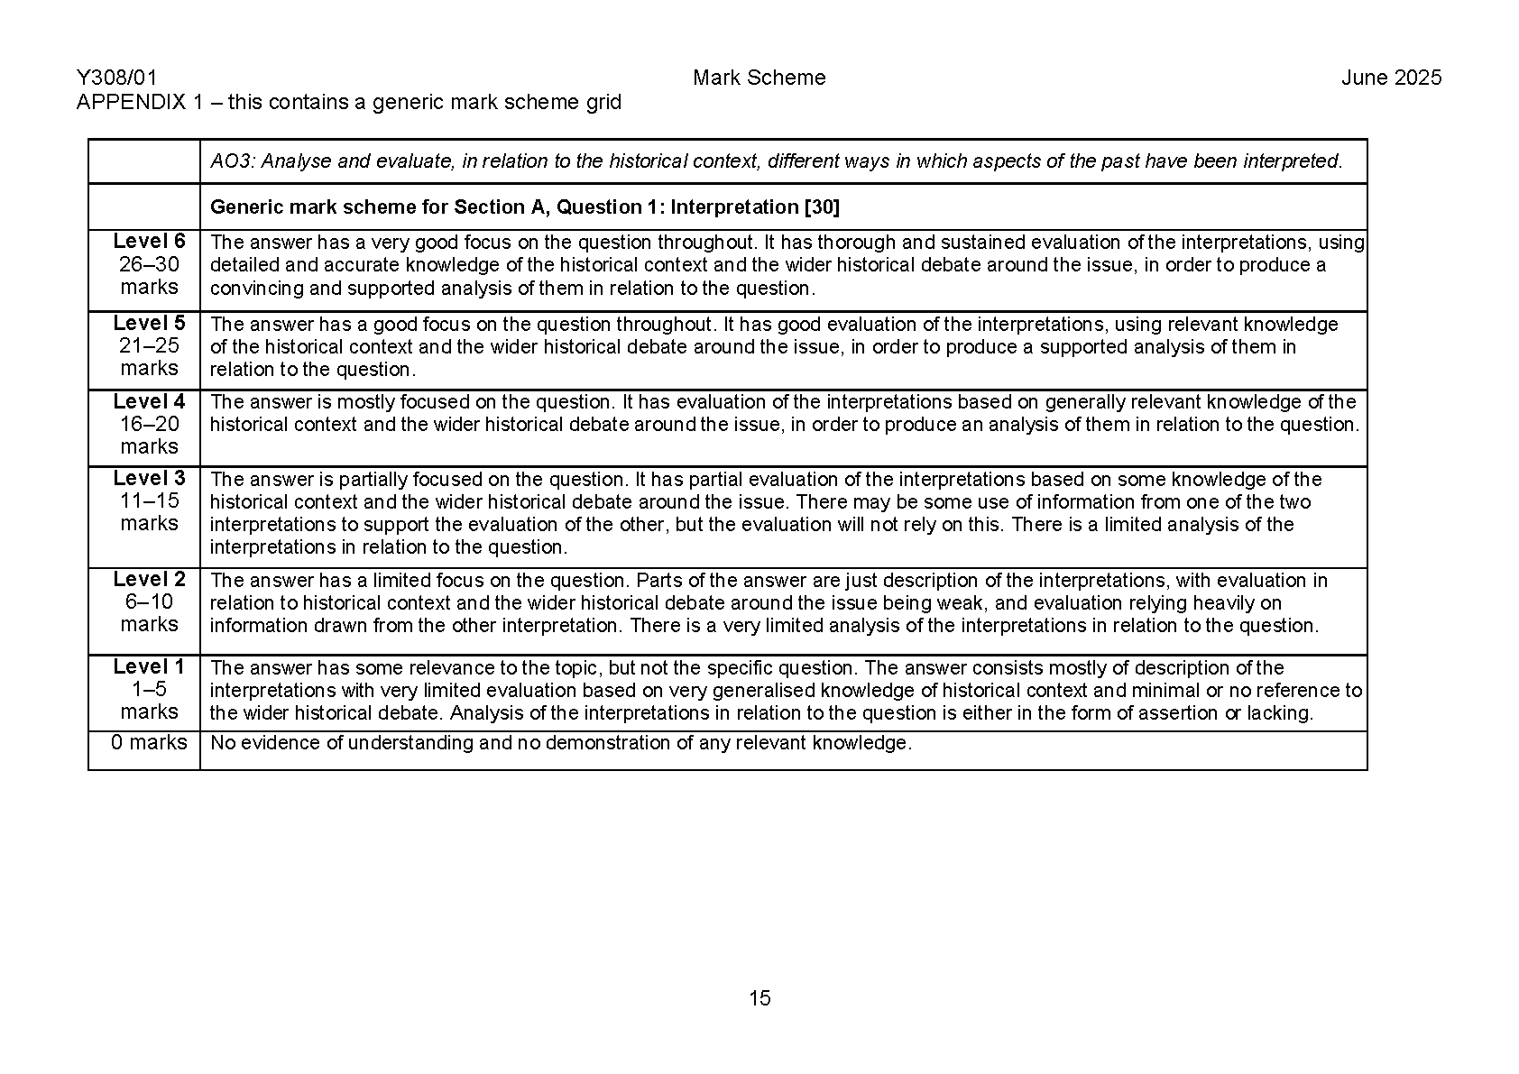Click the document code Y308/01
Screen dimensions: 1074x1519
[x=116, y=78]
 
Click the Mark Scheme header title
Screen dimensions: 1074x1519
[x=759, y=78]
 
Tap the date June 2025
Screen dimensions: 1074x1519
[x=1391, y=78]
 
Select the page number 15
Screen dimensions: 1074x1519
[x=759, y=997]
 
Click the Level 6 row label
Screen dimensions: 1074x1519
[x=149, y=241]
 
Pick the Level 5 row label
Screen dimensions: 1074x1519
[x=149, y=322]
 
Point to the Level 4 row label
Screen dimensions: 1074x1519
[x=149, y=400]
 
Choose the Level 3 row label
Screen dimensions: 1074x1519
[x=149, y=478]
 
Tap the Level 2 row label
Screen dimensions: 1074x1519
[x=149, y=579]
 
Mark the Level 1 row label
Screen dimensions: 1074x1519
[x=149, y=666]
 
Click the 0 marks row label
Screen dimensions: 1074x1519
[x=149, y=742]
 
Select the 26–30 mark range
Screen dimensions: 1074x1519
[x=149, y=264]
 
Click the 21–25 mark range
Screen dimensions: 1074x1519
[x=149, y=345]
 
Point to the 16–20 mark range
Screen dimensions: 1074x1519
[x=149, y=424]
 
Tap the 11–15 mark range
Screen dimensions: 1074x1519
[x=149, y=500]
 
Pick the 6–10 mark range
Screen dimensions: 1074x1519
[x=149, y=601]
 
